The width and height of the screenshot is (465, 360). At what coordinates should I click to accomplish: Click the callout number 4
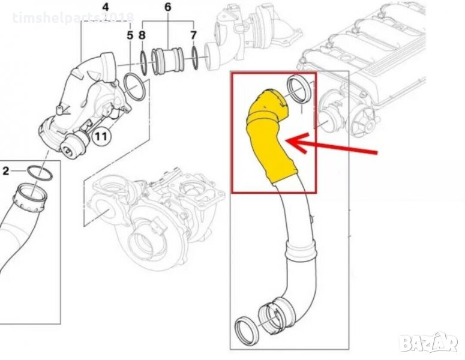coord(106,7)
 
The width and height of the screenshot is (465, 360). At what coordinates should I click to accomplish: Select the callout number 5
coord(130,35)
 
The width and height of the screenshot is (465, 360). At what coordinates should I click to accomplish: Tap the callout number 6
coord(168,7)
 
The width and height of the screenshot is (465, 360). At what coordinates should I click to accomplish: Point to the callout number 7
coord(193,35)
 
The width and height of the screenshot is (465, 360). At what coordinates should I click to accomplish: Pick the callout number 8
coord(142,35)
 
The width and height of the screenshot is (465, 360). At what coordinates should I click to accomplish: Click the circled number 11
coord(101,137)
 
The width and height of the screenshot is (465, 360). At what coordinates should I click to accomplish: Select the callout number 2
coord(6,171)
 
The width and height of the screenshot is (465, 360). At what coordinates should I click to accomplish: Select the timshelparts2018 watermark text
coord(73,18)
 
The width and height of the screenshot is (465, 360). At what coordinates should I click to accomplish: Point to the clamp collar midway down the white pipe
coord(300,250)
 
